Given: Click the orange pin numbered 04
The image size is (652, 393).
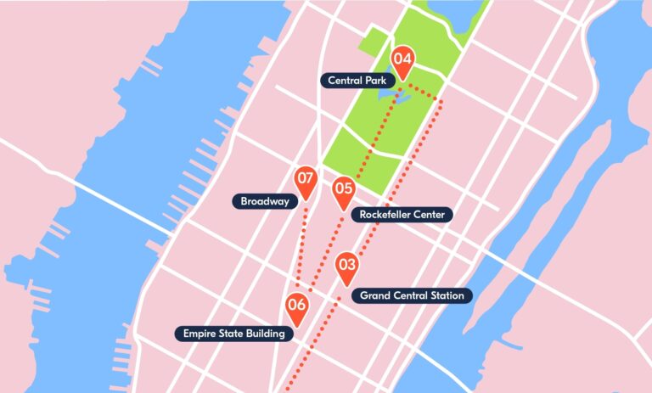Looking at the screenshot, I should [x=402, y=62].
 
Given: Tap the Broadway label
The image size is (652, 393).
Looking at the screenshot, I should [x=265, y=201].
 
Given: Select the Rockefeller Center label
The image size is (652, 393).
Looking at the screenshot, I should [x=402, y=215].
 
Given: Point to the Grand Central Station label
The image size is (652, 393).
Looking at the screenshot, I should [x=412, y=295].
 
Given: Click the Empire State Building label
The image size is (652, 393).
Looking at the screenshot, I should [x=235, y=334].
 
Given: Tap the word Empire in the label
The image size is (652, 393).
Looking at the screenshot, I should [x=200, y=334].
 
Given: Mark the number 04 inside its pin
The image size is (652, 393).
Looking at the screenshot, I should [x=402, y=59].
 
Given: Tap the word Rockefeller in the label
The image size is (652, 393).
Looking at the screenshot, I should [x=386, y=215].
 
